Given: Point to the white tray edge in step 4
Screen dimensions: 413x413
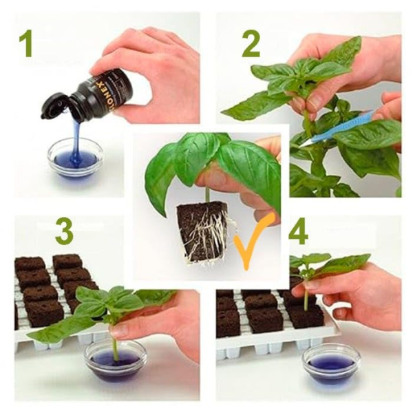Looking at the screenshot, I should (275, 344).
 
